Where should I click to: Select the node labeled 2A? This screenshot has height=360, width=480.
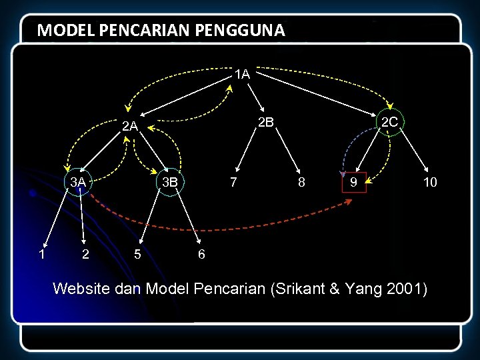tap(129, 126)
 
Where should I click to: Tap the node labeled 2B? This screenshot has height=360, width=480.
tap(266, 122)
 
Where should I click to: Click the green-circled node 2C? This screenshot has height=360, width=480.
tap(389, 122)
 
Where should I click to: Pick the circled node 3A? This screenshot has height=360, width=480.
tap(79, 181)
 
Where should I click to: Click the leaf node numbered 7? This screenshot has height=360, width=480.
tap(232, 182)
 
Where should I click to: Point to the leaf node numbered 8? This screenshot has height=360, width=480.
tap(302, 182)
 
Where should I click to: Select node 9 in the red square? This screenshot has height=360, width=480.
tap(354, 181)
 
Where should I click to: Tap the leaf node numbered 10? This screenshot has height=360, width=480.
tap(430, 182)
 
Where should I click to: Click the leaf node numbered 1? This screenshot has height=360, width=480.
tap(41, 254)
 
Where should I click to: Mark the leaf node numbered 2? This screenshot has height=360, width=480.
tap(85, 254)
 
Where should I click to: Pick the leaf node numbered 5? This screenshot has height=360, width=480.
tap(137, 254)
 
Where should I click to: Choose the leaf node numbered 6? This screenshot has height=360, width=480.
tap(201, 254)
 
